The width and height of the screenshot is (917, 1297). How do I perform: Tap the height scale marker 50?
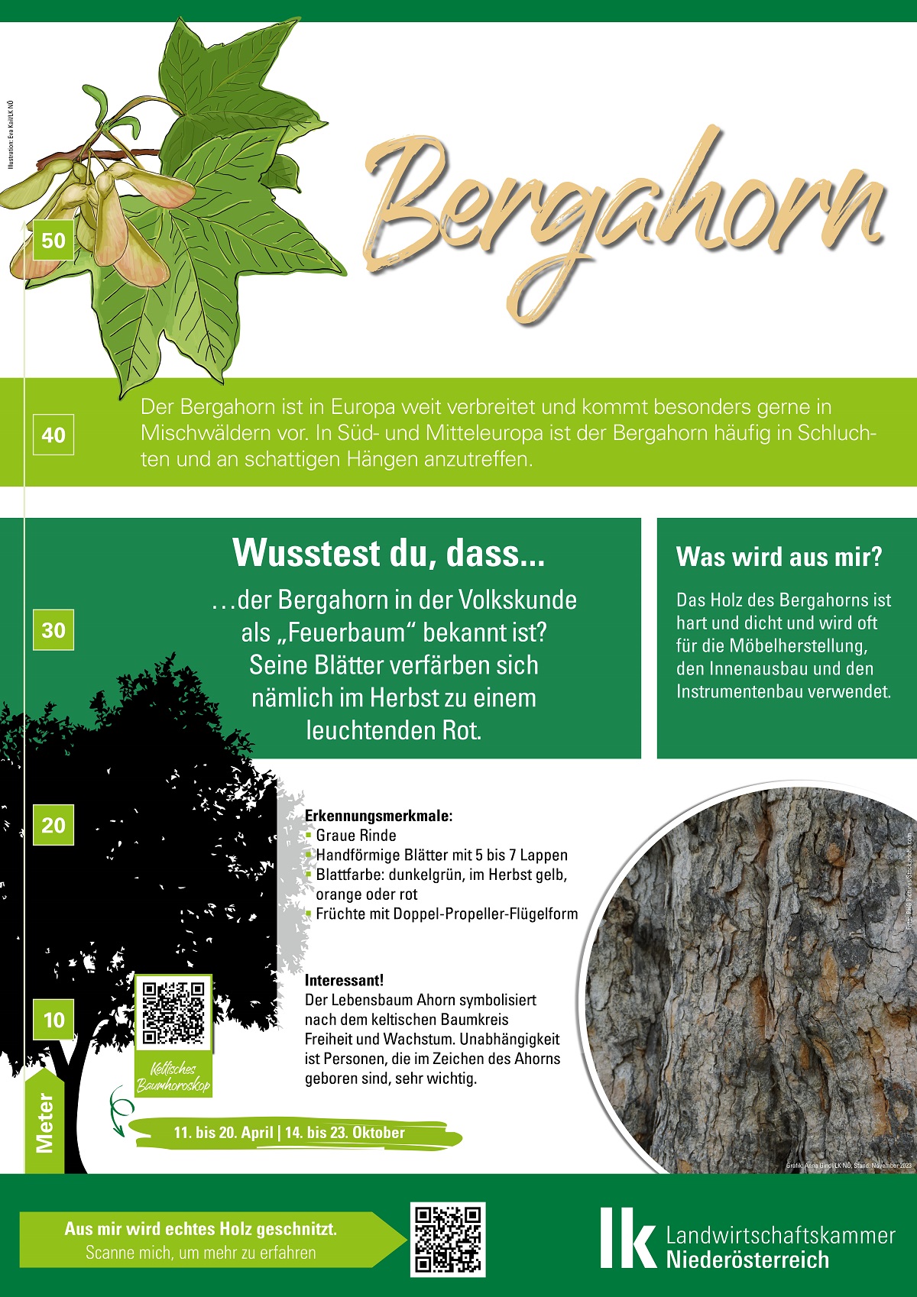53,241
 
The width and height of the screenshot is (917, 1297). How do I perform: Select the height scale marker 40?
53,435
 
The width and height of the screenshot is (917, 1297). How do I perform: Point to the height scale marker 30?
53,630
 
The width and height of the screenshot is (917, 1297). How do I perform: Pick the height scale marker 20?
53,825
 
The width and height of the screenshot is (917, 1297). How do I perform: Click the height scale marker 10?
53,1020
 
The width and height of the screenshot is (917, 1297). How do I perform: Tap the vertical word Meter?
45,1123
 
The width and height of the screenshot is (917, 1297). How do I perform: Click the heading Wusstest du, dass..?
388,553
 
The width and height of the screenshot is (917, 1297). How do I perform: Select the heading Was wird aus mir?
779,557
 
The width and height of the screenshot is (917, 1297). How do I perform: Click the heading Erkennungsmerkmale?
379,816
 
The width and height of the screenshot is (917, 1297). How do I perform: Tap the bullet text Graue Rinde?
356,836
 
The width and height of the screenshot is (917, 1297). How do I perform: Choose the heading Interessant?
344,980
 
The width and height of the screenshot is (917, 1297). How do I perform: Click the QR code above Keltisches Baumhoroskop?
173,1013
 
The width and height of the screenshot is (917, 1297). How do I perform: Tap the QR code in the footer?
448,1239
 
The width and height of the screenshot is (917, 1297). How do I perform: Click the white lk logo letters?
627,1237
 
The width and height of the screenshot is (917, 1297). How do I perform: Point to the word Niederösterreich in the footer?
747,1260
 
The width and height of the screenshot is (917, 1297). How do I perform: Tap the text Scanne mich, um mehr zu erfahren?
200,1253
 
